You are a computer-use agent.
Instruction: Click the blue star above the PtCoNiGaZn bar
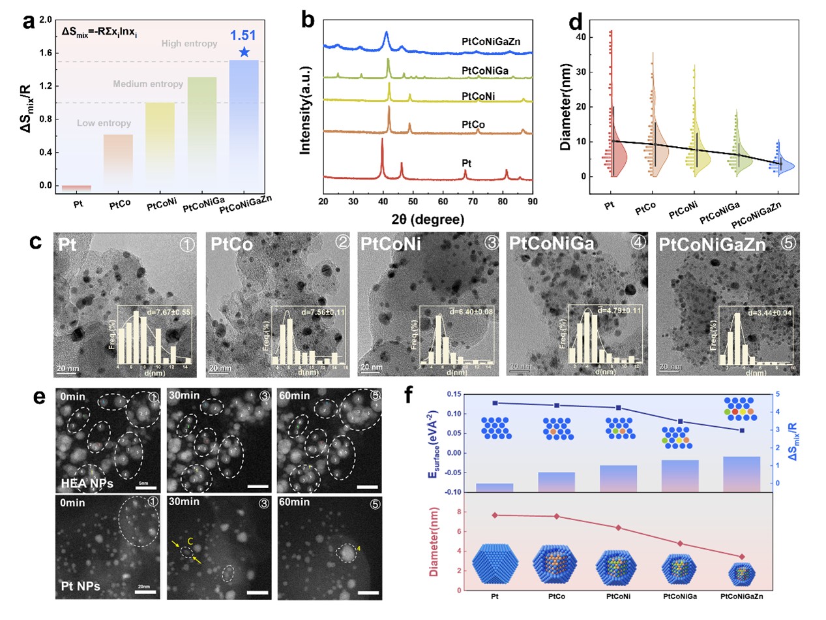[243, 52]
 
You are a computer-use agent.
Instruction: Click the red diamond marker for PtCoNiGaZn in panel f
[741, 556]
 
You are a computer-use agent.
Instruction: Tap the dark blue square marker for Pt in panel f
[495, 403]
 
